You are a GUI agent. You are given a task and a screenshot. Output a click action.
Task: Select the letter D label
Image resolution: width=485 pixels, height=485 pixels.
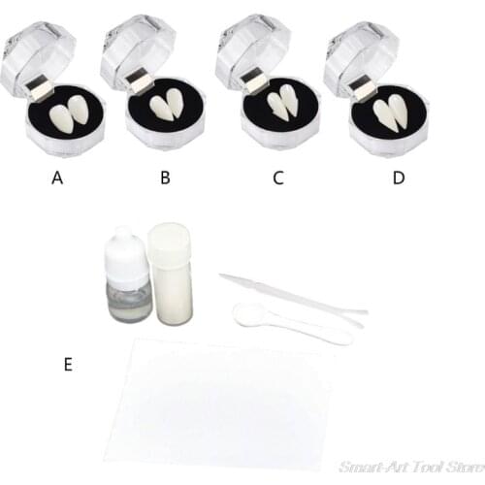(398, 179)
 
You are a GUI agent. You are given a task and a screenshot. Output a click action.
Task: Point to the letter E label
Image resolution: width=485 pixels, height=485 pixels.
(67, 365)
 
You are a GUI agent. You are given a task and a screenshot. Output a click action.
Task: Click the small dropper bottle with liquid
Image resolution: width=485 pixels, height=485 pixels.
(124, 292)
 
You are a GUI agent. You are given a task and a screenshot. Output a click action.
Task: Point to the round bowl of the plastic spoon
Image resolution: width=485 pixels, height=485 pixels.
(246, 312)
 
